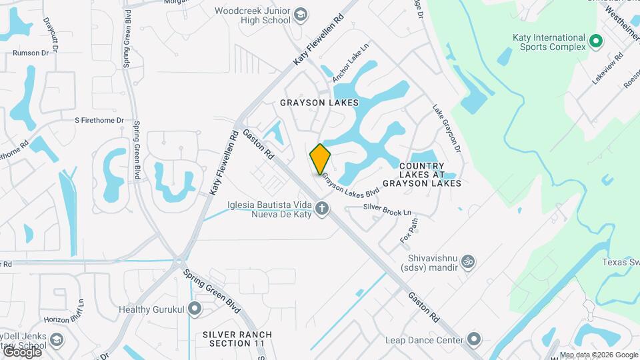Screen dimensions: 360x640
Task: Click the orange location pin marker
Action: [321, 159]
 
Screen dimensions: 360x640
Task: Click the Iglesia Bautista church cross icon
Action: [322, 209]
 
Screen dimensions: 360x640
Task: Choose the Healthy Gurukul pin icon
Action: [195, 309]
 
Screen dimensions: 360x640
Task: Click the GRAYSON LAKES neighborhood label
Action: [319, 103]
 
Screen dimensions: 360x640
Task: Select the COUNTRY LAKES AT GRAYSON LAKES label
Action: [430, 174]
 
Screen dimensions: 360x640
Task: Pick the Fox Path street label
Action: [409, 229]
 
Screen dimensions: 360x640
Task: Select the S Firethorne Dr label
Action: [99, 121]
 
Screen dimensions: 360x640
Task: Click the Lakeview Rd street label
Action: [607, 67]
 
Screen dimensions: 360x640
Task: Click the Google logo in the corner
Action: [21, 351]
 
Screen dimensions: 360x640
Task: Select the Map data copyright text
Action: [599, 355]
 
